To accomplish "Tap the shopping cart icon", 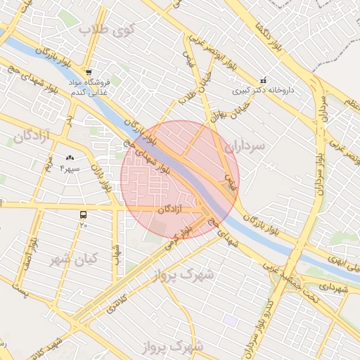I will pyautogui.click(x=89, y=72).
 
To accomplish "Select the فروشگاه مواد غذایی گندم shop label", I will pyautogui.click(x=86, y=86).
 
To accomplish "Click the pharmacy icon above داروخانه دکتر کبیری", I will pyautogui.click(x=263, y=79).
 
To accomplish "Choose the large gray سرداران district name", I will pyautogui.click(x=245, y=146).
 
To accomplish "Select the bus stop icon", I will pyautogui.click(x=84, y=214).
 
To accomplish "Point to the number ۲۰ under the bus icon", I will pyautogui.click(x=83, y=225).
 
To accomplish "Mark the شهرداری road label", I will pyautogui.click(x=333, y=287).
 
